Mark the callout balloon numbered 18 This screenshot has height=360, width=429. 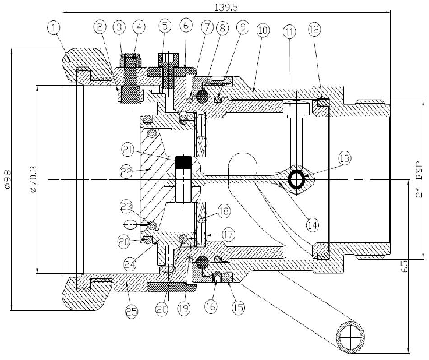tap(224, 210)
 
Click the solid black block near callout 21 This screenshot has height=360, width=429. tap(184, 162)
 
